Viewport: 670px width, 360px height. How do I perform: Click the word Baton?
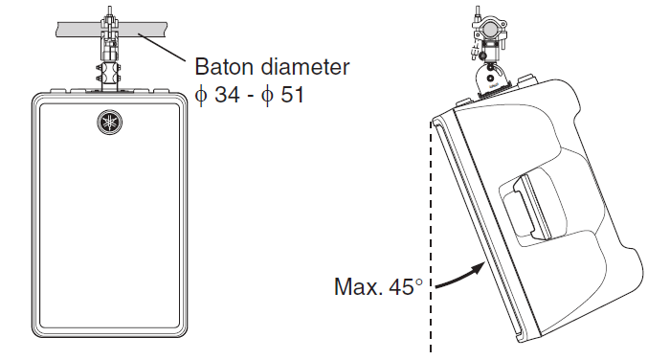point(223,67)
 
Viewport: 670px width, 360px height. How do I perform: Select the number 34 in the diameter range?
point(227,94)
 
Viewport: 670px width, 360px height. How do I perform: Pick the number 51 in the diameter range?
point(292,94)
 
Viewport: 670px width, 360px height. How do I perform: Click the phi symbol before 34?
point(201,95)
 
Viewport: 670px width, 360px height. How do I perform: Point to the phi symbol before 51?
point(267,95)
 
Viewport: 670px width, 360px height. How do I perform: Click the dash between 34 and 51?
point(251,97)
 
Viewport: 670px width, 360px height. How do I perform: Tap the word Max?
point(358,286)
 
